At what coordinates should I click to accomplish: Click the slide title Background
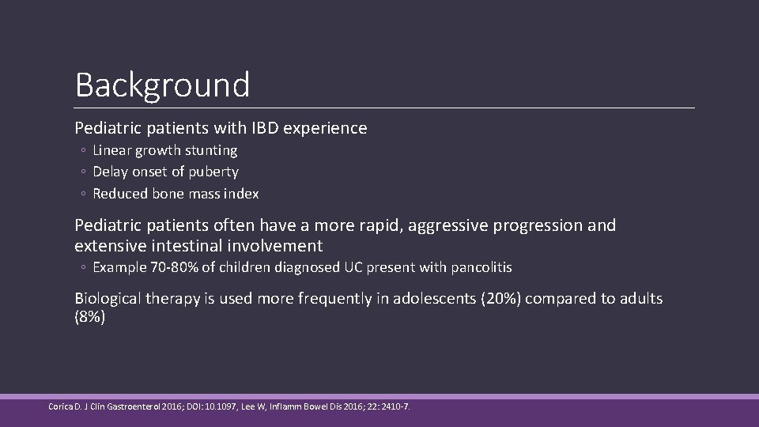click(162, 85)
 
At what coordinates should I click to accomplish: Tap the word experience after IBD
click(332, 128)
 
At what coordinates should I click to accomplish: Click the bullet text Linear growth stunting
click(164, 150)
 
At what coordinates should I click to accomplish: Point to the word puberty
click(213, 172)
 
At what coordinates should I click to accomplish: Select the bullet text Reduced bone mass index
click(176, 194)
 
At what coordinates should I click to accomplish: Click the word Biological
click(110, 299)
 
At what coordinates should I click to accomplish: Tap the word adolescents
click(434, 299)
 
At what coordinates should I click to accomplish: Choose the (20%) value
click(500, 299)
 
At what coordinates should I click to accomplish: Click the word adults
click(639, 299)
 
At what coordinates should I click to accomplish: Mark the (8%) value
click(89, 317)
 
